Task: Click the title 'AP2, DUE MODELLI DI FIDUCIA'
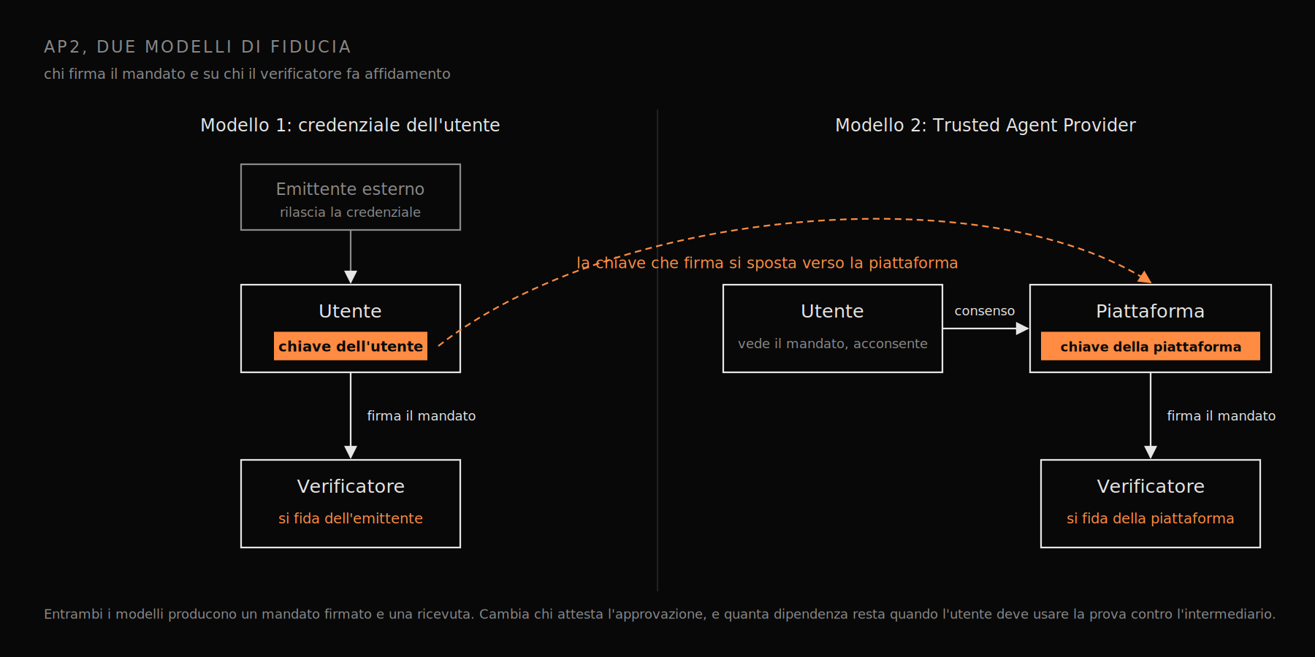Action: click(x=197, y=47)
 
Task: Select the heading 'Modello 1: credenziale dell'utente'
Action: click(x=350, y=125)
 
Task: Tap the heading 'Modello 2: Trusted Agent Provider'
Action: click(x=985, y=125)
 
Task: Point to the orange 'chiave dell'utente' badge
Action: click(x=351, y=346)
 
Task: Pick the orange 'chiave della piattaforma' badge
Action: click(x=1151, y=346)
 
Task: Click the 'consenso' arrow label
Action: click(x=984, y=311)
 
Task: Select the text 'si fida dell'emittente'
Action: click(x=351, y=518)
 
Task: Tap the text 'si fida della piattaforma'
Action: click(x=1150, y=518)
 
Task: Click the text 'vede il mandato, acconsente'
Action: click(x=832, y=343)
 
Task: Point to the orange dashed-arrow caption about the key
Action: click(x=767, y=263)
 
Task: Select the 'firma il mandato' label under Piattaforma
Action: click(x=1221, y=415)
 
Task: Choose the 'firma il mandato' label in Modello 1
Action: click(x=421, y=415)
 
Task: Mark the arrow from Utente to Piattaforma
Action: click(x=986, y=328)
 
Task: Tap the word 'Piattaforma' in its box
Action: click(x=1150, y=311)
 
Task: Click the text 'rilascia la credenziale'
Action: click(x=350, y=212)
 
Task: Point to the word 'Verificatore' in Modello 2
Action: click(x=1151, y=486)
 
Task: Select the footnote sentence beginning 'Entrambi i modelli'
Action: click(x=660, y=614)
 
